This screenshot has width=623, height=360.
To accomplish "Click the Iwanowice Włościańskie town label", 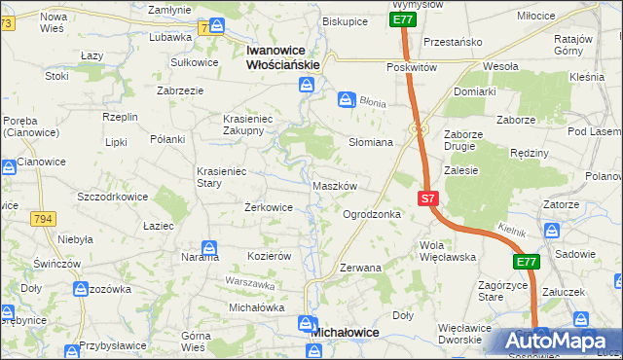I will click(283, 56).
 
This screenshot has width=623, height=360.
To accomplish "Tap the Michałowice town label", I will click(344, 332).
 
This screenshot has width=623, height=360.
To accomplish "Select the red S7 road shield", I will click(429, 198).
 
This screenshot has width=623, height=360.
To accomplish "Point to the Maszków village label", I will click(336, 186).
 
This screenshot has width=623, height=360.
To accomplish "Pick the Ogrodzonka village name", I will click(372, 214).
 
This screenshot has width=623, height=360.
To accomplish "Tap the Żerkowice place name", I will click(269, 207).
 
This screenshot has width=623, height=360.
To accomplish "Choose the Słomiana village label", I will click(371, 142).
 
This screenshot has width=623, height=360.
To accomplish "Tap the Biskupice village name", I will click(345, 20).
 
